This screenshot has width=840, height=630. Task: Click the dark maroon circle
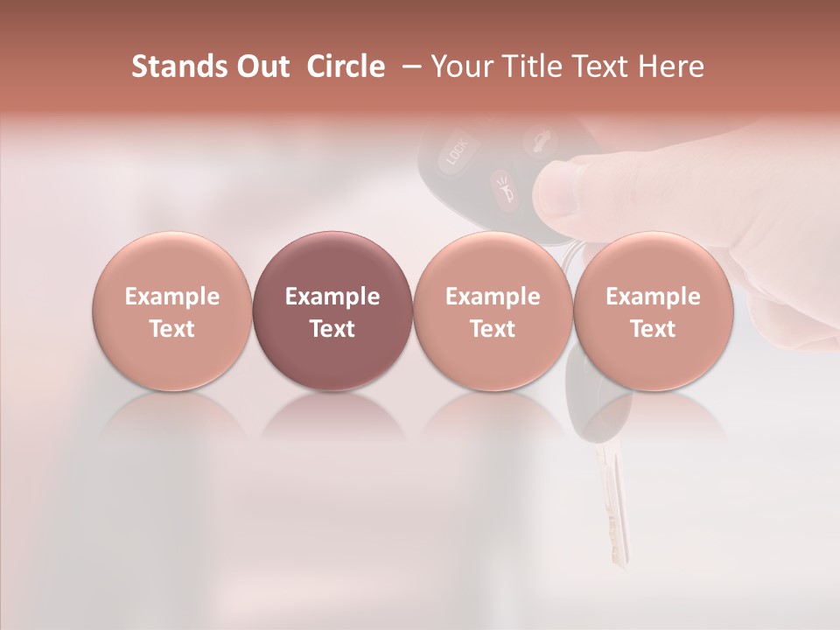332,311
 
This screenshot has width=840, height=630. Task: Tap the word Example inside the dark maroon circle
332,297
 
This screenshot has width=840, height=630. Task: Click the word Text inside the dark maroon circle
332,329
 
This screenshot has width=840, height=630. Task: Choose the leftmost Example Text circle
171,311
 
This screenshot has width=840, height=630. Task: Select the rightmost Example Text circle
653,311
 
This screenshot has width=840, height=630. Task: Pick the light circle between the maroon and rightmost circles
493,311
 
